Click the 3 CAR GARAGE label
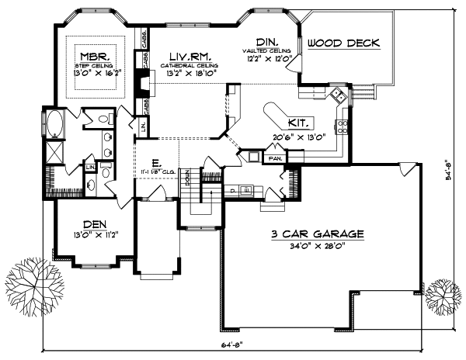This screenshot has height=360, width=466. [x=318, y=234]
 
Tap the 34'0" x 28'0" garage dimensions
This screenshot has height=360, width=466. [x=318, y=246]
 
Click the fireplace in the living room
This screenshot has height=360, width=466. [x=139, y=82]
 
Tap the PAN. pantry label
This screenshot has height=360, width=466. [x=275, y=157]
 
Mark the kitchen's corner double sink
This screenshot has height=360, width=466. [x=338, y=97]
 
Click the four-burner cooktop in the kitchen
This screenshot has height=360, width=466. [x=343, y=126]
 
